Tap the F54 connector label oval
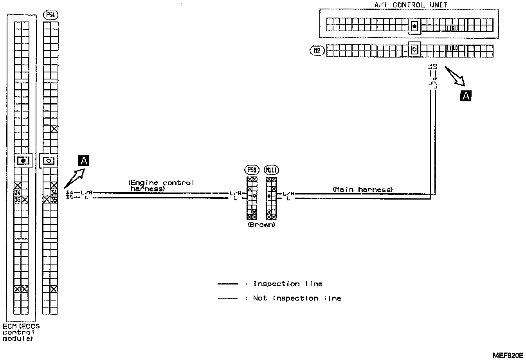(50, 16)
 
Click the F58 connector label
(252, 170)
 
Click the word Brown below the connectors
(261, 225)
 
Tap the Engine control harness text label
(161, 185)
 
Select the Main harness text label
(362, 189)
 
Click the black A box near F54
(84, 160)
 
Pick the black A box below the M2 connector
(466, 95)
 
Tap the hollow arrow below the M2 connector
(454, 76)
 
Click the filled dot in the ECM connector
(23, 160)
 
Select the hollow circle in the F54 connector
(49, 160)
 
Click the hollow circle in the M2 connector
(414, 50)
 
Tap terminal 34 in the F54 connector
(54, 192)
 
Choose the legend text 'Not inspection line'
(297, 298)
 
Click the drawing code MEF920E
(508, 355)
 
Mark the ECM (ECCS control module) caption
(21, 332)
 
